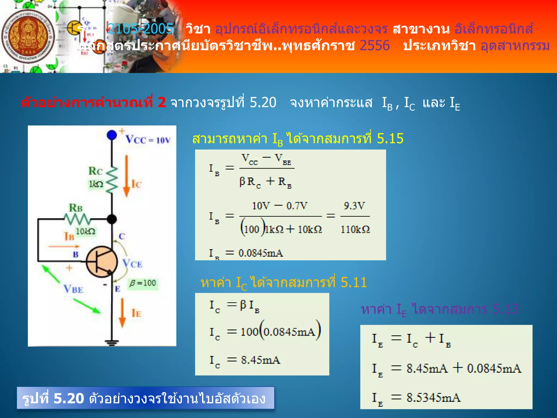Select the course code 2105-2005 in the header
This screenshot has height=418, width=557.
pos(140,29)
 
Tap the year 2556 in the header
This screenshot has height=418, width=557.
pos(375,45)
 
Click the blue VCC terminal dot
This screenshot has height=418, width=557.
pos(112,135)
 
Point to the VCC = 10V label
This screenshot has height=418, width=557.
pos(148,140)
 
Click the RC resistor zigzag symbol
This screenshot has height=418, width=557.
pos(112,180)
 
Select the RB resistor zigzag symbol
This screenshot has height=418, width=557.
pos(77,219)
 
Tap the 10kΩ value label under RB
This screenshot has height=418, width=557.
pos(85,231)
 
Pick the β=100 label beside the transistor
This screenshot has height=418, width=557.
pos(143,283)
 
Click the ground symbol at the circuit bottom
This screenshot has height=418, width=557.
pos(112,343)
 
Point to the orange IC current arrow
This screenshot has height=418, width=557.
pos(126,176)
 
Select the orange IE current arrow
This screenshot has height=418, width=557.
pos(122,313)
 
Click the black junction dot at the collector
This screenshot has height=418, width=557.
pos(112,219)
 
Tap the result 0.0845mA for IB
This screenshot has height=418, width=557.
pos(261,253)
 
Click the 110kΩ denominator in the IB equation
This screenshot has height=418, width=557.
pos(355,229)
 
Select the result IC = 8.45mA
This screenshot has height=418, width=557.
pos(260,360)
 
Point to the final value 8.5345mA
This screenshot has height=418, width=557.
pos(434,398)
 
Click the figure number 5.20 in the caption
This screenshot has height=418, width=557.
pos(69,398)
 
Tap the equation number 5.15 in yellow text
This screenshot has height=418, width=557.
pos(390,139)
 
